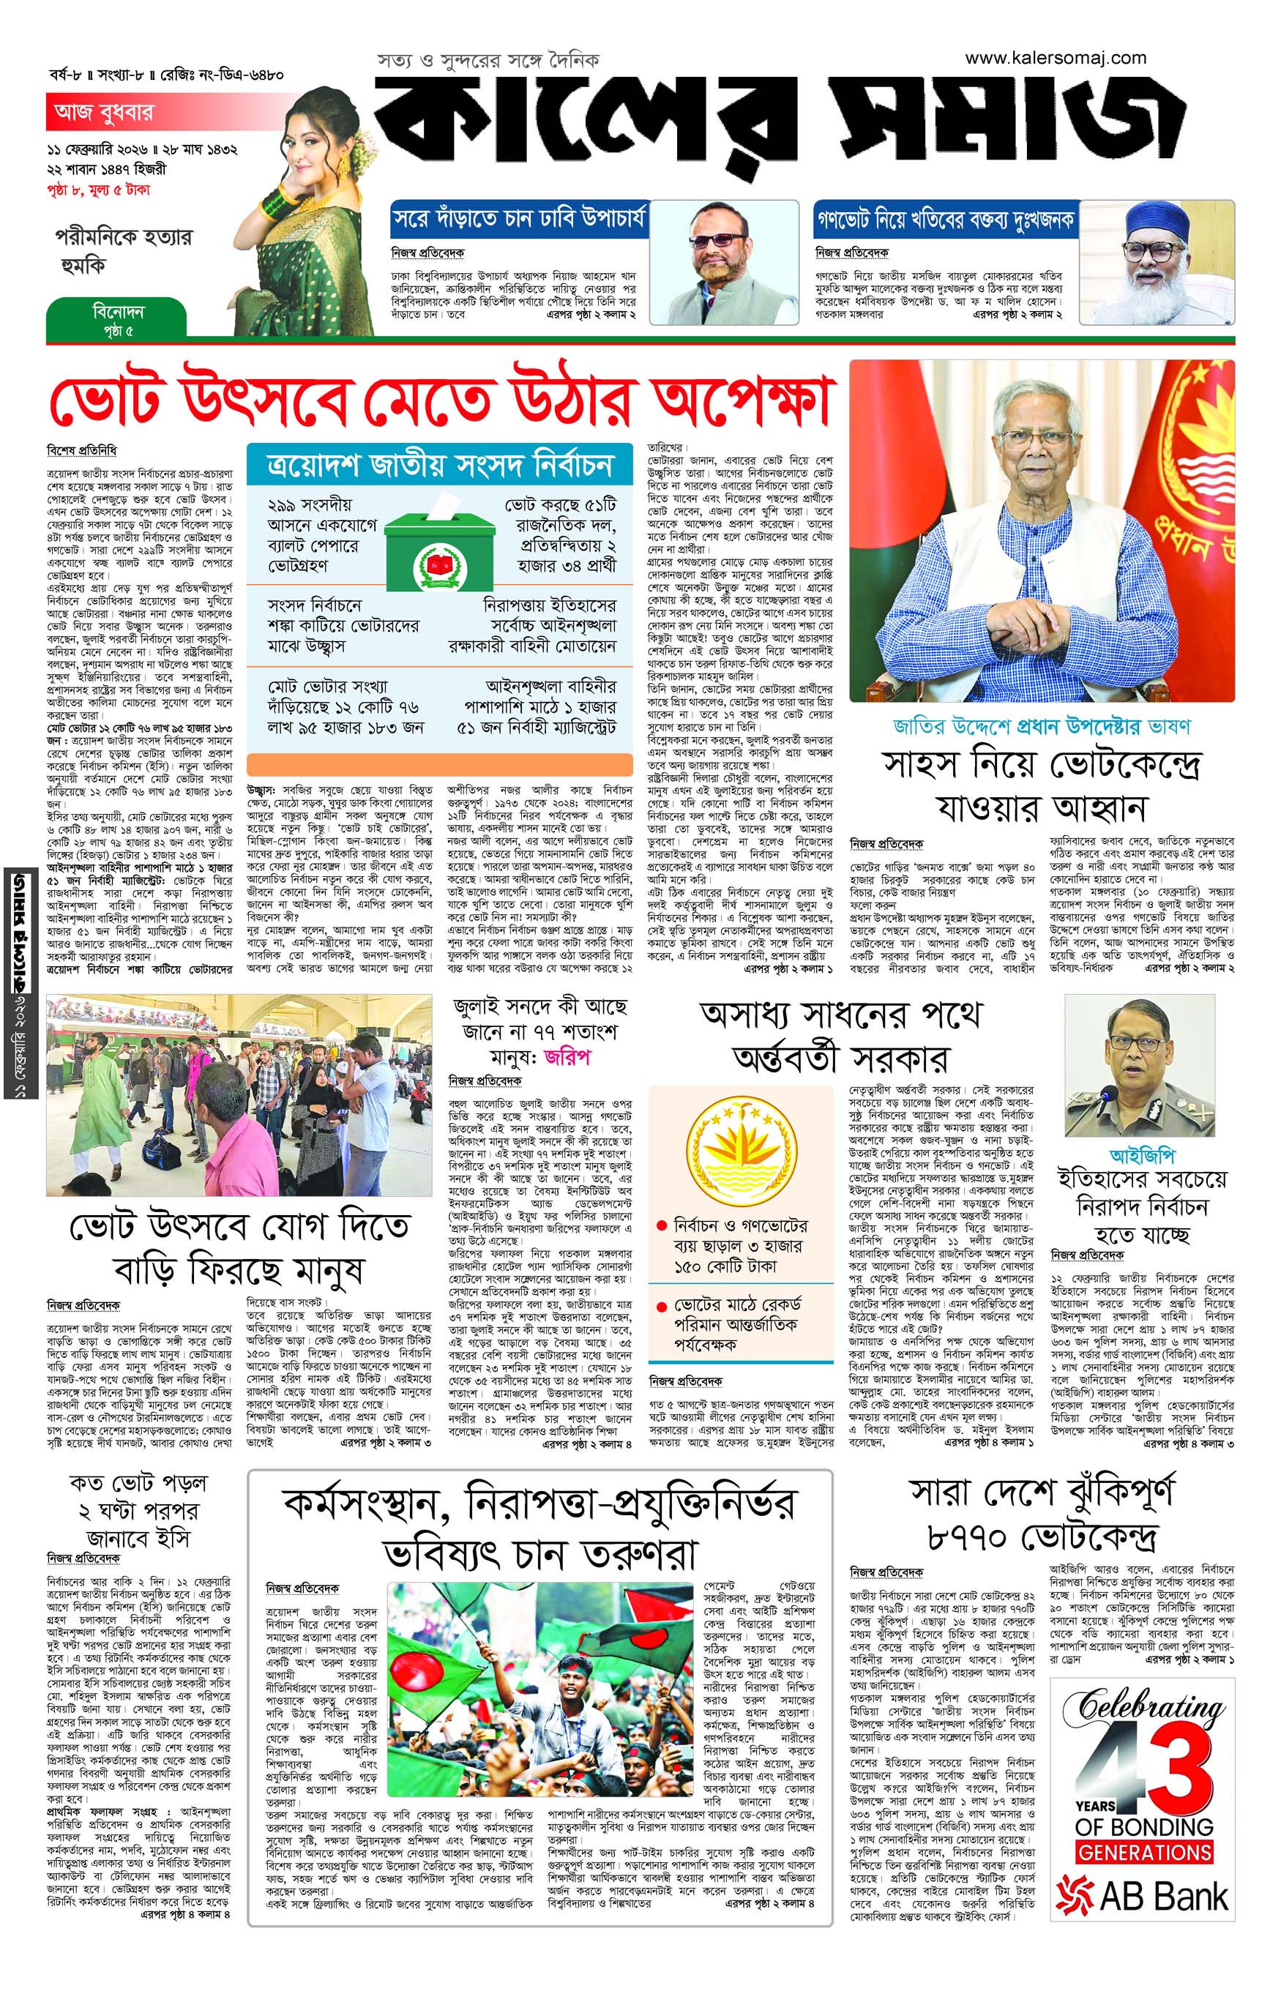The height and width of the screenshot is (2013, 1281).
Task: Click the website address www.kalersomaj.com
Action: [1056, 58]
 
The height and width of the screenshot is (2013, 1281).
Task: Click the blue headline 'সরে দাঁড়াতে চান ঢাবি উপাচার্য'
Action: [518, 220]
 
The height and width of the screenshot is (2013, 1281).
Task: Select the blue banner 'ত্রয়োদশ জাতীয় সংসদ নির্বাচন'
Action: [440, 465]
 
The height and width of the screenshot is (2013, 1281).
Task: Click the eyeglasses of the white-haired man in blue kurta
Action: [1038, 441]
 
